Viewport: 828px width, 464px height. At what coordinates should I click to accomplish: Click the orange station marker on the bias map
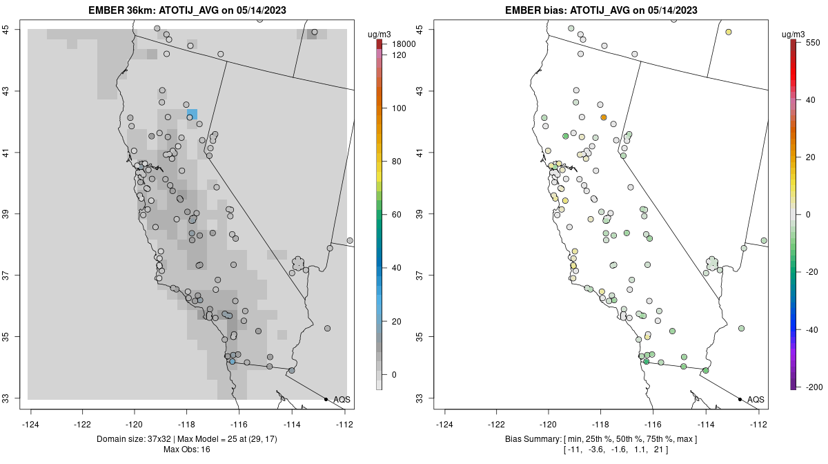coord(603,117)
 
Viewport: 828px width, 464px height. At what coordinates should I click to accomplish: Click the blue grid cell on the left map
coord(193,113)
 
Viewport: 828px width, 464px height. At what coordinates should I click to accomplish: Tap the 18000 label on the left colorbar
coord(404,44)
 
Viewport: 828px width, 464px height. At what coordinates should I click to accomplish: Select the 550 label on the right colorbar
coord(811,42)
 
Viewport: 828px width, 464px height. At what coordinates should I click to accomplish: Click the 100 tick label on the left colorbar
coord(399,108)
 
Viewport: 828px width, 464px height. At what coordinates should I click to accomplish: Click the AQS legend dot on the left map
coord(326,399)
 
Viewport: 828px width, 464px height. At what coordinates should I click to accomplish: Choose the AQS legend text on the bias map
coord(756,399)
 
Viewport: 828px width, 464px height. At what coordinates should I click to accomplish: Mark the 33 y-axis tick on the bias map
coord(420,398)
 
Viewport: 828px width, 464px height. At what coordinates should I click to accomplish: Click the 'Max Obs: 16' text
coord(187,449)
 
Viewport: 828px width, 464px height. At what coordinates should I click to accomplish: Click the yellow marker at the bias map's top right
coord(729,32)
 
